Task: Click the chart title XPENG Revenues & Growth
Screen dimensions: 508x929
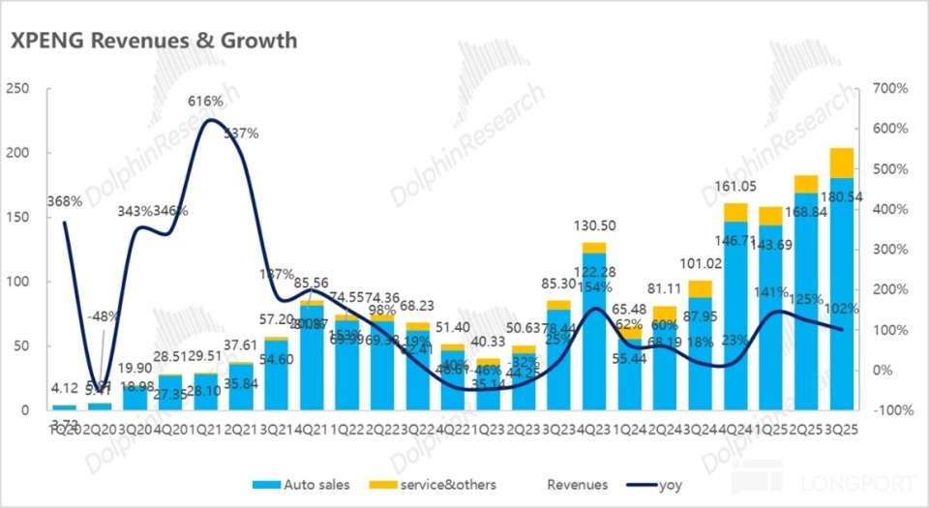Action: (154, 40)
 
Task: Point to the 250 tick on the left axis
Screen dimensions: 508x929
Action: (22, 88)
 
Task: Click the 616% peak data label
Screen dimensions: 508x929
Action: (205, 101)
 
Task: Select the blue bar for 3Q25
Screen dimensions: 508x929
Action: (841, 290)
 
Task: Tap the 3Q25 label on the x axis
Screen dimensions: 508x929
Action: (842, 429)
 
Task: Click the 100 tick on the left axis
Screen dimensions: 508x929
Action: (22, 282)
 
